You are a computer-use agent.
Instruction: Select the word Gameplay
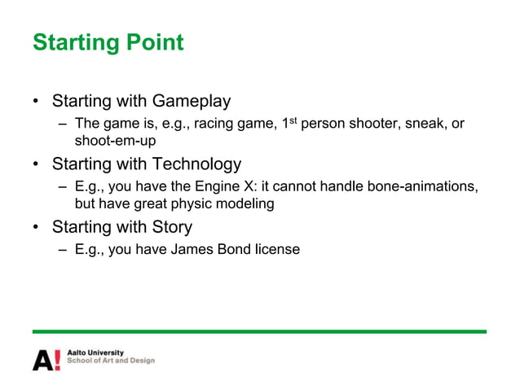(x=191, y=102)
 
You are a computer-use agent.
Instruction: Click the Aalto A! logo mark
(x=46, y=360)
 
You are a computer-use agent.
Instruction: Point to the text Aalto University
(x=95, y=352)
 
